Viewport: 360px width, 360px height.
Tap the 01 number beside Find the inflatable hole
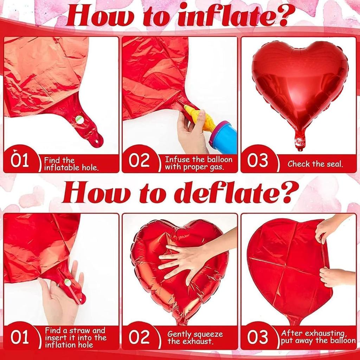(x=20, y=161)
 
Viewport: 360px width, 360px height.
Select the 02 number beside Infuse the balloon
(x=139, y=161)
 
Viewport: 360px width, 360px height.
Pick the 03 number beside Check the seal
(x=258, y=161)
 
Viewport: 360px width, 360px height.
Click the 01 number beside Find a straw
(x=20, y=337)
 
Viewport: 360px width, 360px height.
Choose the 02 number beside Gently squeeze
(x=139, y=337)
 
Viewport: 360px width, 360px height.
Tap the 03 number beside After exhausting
(x=258, y=337)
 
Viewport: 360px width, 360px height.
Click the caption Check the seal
(x=315, y=164)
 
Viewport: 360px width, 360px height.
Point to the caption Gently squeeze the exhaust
(x=195, y=337)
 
